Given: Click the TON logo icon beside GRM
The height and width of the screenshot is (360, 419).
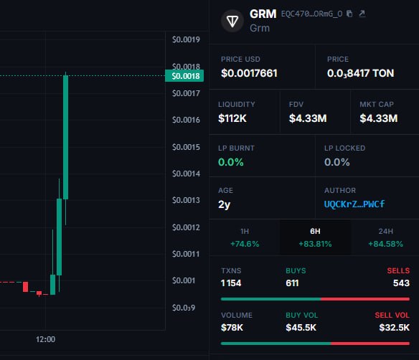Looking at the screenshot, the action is [x=232, y=21].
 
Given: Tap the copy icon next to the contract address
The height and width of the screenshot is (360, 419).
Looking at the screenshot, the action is [x=349, y=14].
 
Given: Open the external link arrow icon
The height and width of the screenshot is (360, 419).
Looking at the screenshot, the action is [x=362, y=14].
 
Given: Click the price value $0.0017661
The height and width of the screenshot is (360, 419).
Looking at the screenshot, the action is [x=249, y=73].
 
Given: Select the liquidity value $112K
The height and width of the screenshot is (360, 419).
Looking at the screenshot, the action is [x=232, y=118].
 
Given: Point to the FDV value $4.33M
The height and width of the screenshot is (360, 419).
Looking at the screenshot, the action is [x=308, y=118].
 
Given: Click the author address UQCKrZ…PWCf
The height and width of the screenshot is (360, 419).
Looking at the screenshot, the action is [x=354, y=204].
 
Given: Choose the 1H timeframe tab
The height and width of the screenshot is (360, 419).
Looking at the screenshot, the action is [x=245, y=237].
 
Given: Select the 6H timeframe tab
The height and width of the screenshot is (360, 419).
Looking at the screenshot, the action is [x=315, y=237].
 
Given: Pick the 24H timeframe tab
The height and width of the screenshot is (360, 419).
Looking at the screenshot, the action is [x=385, y=237].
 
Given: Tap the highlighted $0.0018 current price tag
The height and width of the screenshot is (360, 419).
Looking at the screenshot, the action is [x=184, y=76].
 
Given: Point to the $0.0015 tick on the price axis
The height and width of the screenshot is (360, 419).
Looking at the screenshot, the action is [x=186, y=147].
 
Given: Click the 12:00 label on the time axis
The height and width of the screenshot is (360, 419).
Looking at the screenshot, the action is [x=45, y=339].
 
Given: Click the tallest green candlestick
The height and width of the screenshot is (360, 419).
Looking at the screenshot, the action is [x=65, y=137].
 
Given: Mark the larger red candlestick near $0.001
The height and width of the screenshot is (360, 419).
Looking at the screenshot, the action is [x=25, y=287].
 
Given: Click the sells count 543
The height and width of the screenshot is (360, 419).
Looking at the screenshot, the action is [x=401, y=283].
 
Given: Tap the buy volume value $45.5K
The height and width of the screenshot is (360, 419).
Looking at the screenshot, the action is [x=301, y=328].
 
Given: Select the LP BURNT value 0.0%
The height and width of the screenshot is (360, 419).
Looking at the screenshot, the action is [x=230, y=162].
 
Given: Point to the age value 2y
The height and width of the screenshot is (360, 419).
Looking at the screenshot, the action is [x=224, y=204].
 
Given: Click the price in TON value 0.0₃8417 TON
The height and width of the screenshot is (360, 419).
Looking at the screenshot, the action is [x=360, y=73].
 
